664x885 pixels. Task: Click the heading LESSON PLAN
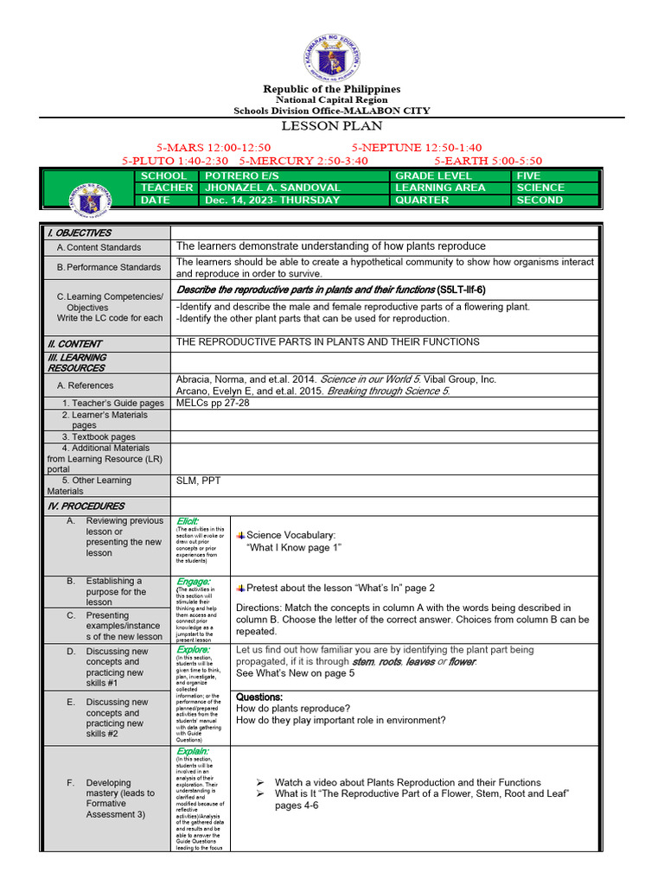[332, 126]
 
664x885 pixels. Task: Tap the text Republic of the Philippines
[332, 89]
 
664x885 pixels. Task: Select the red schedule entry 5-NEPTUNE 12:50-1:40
[417, 148]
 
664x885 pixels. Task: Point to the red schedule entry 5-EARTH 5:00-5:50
[488, 161]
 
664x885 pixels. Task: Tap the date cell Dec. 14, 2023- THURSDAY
[271, 200]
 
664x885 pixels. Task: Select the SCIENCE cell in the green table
[540, 188]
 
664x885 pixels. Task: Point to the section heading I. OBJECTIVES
[80, 232]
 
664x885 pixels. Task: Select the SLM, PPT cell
[198, 481]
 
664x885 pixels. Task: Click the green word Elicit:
[188, 520]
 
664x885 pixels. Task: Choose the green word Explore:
[191, 649]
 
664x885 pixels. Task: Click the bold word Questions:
[259, 697]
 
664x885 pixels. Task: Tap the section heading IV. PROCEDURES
[86, 506]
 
